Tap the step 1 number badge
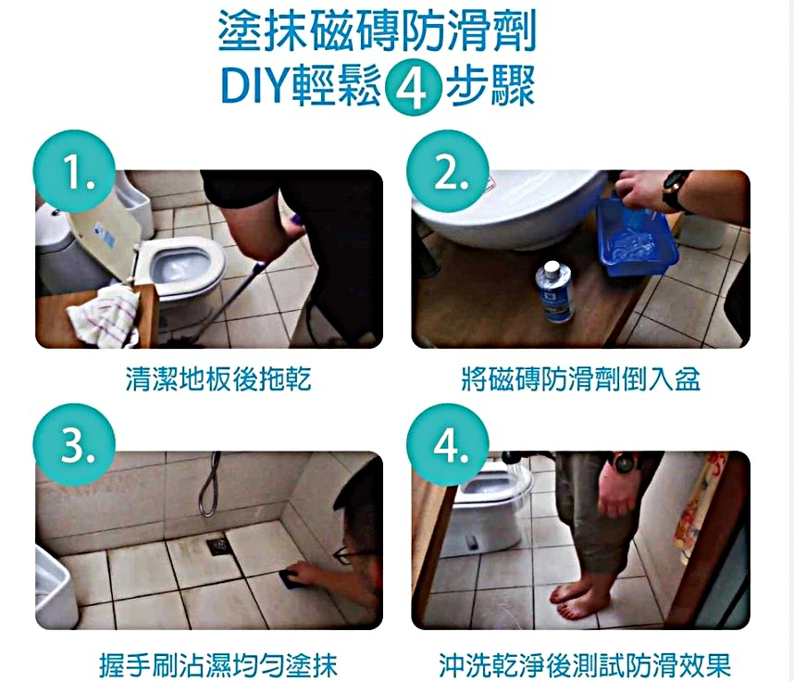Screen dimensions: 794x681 click(x=74, y=172)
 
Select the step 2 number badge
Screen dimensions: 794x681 click(x=448, y=172)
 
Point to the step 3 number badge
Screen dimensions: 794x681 click(x=74, y=445)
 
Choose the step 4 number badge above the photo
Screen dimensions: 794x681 click(x=448, y=445)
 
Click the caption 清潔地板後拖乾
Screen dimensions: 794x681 click(x=218, y=378)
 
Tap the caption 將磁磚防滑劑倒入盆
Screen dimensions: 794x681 click(x=581, y=378)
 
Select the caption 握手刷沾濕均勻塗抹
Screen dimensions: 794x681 click(x=218, y=664)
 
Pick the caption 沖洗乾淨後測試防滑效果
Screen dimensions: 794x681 click(x=586, y=664)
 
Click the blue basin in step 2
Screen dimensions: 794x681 click(x=638, y=238)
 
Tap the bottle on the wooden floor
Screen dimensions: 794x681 click(x=554, y=292)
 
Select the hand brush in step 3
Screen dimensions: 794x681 click(x=290, y=579)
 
